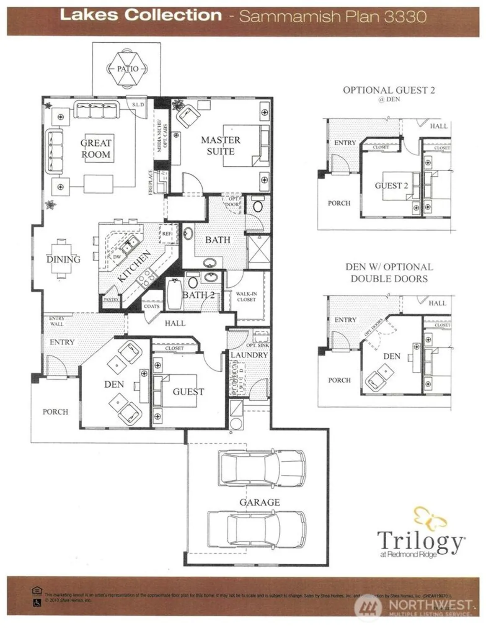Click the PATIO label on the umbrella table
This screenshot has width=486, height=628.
[x=127, y=69]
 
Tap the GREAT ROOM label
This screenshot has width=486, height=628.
[x=96, y=149]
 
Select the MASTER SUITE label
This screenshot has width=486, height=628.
[x=220, y=145]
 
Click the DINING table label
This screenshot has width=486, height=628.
[x=63, y=259]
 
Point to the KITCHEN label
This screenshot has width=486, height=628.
[x=134, y=266]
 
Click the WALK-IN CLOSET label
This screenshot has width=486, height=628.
[x=246, y=296]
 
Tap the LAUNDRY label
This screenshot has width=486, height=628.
[x=249, y=355]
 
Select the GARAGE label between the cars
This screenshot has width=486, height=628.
[x=259, y=502]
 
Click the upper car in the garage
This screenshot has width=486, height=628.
[x=261, y=468]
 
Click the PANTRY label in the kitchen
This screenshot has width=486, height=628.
[x=111, y=299]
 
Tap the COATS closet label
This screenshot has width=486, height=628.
[x=151, y=306]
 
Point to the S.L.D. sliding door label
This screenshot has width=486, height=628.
[x=138, y=104]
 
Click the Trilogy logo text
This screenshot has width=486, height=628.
[x=420, y=541]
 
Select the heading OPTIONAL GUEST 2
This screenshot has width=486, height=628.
[x=388, y=90]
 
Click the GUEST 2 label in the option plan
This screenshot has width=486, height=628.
[x=391, y=185]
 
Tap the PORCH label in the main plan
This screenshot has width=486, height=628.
[x=55, y=412]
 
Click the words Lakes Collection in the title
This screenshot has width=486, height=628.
[x=141, y=15]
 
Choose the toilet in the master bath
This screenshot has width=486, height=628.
[x=258, y=206]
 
